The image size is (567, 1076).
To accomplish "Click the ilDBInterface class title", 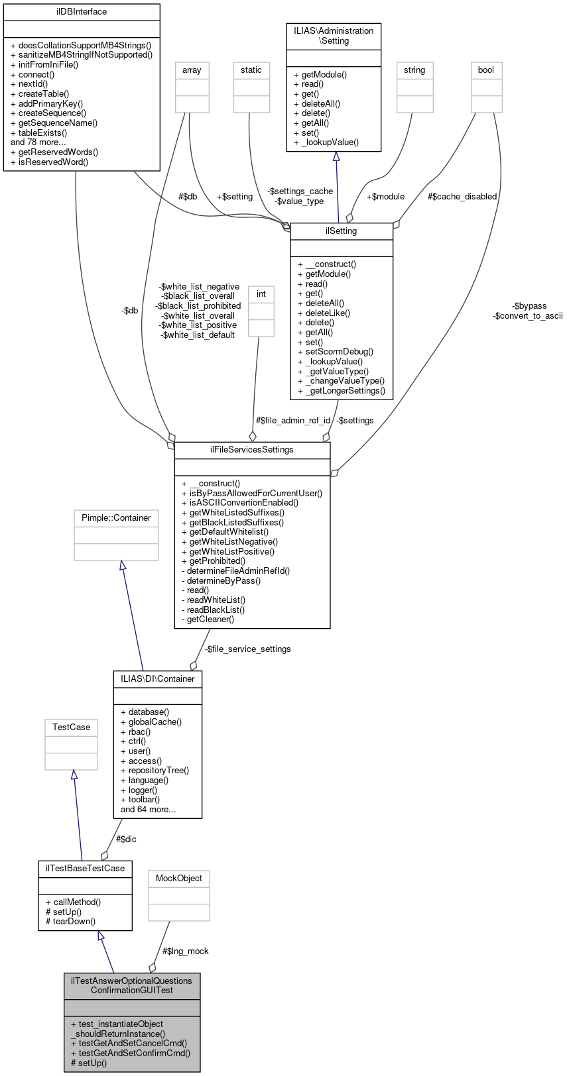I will (x=82, y=12).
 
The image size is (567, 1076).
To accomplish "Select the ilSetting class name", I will (x=342, y=231).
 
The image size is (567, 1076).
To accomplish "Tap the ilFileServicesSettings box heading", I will (x=252, y=450).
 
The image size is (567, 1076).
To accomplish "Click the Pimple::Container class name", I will (x=116, y=518).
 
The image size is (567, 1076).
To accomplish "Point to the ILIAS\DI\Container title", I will (x=157, y=679).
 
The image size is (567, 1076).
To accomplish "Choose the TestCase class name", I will (x=71, y=727).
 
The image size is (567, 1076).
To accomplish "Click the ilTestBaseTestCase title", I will (x=85, y=868).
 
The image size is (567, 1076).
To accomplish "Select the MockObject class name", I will (x=178, y=879).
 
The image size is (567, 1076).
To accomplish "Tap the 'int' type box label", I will (x=261, y=294).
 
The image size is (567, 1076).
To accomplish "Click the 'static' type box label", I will (x=251, y=70).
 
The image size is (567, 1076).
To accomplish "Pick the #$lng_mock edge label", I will (x=186, y=951).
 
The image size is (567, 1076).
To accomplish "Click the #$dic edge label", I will (x=126, y=839).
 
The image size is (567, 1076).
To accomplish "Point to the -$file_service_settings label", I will (x=247, y=649).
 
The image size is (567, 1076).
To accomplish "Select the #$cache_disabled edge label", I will (x=462, y=197).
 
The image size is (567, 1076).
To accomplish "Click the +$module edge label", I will (x=385, y=197).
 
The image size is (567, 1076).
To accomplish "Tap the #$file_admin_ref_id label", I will (x=293, y=421).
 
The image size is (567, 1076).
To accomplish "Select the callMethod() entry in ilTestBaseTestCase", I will (x=73, y=902).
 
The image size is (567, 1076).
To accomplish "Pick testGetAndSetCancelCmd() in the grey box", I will (x=129, y=1043).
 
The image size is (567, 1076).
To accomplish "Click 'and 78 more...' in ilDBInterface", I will (x=38, y=142).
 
